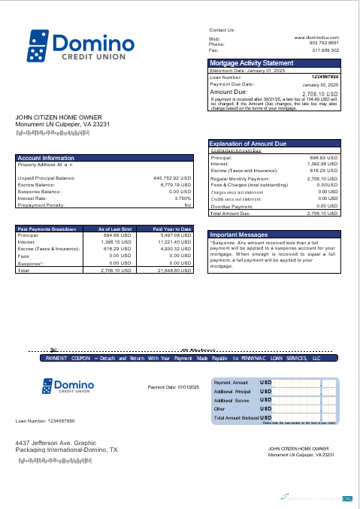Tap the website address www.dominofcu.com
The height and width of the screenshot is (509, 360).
tap(316, 37)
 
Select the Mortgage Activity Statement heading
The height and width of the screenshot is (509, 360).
tap(251, 63)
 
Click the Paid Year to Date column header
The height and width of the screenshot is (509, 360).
tap(172, 229)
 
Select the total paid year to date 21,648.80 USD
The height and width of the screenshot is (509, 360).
tap(174, 270)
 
